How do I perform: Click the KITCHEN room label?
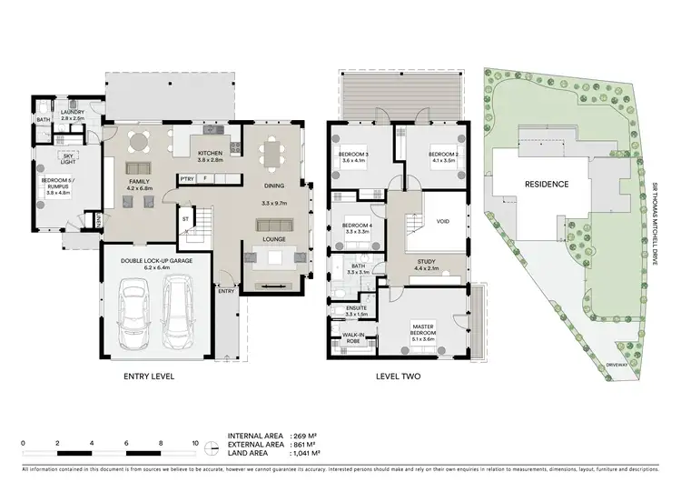point(211,153)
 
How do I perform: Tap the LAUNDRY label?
point(73,114)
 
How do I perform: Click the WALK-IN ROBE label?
point(353,338)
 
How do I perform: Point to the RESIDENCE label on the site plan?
point(548,185)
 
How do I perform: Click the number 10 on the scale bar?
point(195,444)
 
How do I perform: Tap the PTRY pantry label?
point(187,178)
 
